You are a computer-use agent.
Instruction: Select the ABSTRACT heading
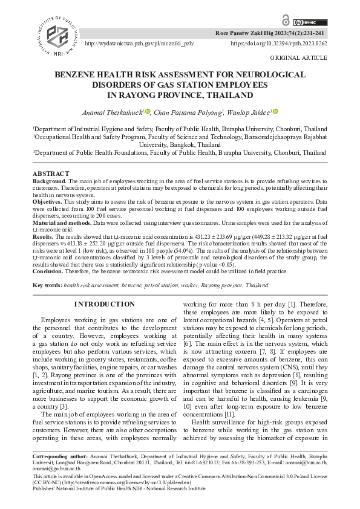51,174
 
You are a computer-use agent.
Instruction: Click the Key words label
47,285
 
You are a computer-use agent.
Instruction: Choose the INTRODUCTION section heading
104,304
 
